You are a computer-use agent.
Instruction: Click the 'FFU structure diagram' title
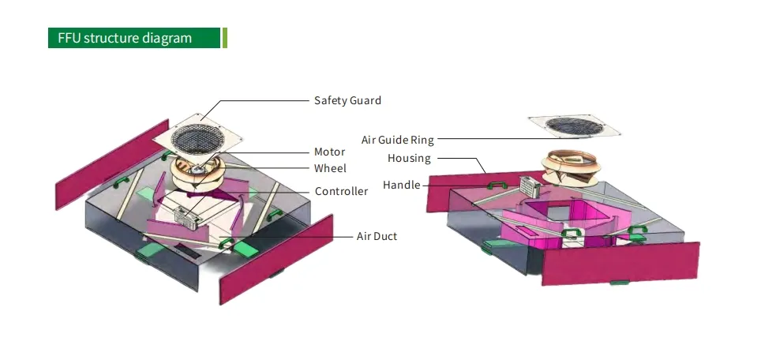(125, 38)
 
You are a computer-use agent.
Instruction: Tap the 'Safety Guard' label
(347, 100)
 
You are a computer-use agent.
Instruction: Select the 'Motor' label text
(329, 152)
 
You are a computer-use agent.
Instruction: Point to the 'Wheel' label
(330, 168)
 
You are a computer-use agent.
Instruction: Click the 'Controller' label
(341, 191)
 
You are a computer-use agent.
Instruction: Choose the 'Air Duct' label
(377, 236)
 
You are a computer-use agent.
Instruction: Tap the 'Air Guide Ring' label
(398, 140)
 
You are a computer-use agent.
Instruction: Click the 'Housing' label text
(409, 158)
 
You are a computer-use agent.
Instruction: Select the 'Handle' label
(401, 185)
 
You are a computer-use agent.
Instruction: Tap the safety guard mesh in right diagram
(574, 126)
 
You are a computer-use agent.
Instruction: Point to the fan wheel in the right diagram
(571, 167)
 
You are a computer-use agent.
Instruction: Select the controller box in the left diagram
(187, 219)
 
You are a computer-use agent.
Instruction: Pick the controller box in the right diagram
(530, 186)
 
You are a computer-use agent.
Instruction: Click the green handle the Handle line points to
(497, 185)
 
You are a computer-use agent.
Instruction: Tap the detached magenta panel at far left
(112, 164)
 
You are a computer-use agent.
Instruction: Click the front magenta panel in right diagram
(620, 264)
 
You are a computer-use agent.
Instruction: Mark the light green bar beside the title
(225, 38)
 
